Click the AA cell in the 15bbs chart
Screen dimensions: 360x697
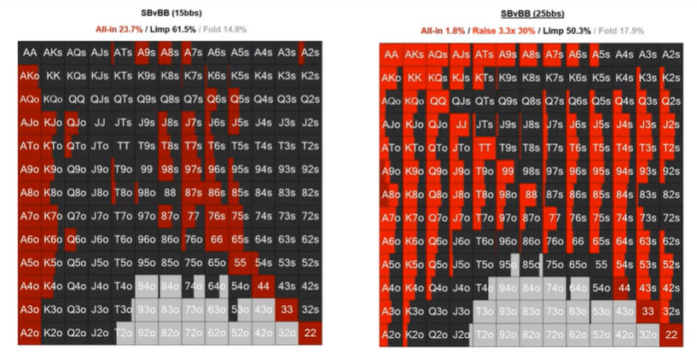coord(29,54)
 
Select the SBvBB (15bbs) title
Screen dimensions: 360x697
coord(170,12)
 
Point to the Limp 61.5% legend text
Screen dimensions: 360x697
coord(172,28)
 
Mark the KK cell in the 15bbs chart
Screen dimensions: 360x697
coord(53,77)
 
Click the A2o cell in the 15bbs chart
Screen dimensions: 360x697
coord(29,334)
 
